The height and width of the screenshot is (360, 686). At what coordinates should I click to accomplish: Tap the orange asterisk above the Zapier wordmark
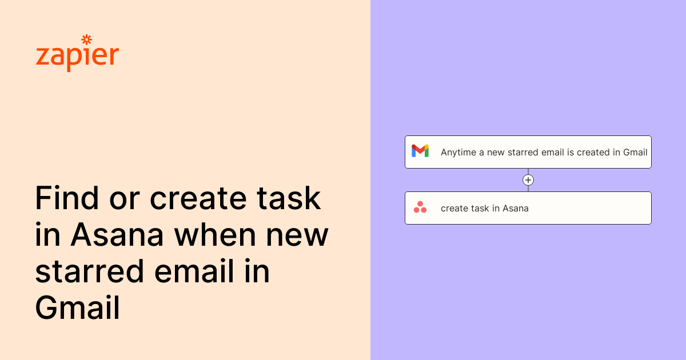pyautogui.click(x=87, y=39)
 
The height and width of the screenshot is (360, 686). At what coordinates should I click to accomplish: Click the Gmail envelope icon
pyautogui.click(x=420, y=151)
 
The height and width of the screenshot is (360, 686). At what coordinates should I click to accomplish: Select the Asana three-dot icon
pyautogui.click(x=420, y=207)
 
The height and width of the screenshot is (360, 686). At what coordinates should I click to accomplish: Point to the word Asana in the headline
pyautogui.click(x=118, y=235)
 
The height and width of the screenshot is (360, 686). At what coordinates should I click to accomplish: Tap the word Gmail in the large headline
pyautogui.click(x=77, y=309)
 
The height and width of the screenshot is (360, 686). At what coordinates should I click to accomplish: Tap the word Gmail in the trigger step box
pyautogui.click(x=635, y=153)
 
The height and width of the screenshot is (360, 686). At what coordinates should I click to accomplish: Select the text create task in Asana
pyautogui.click(x=484, y=209)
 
